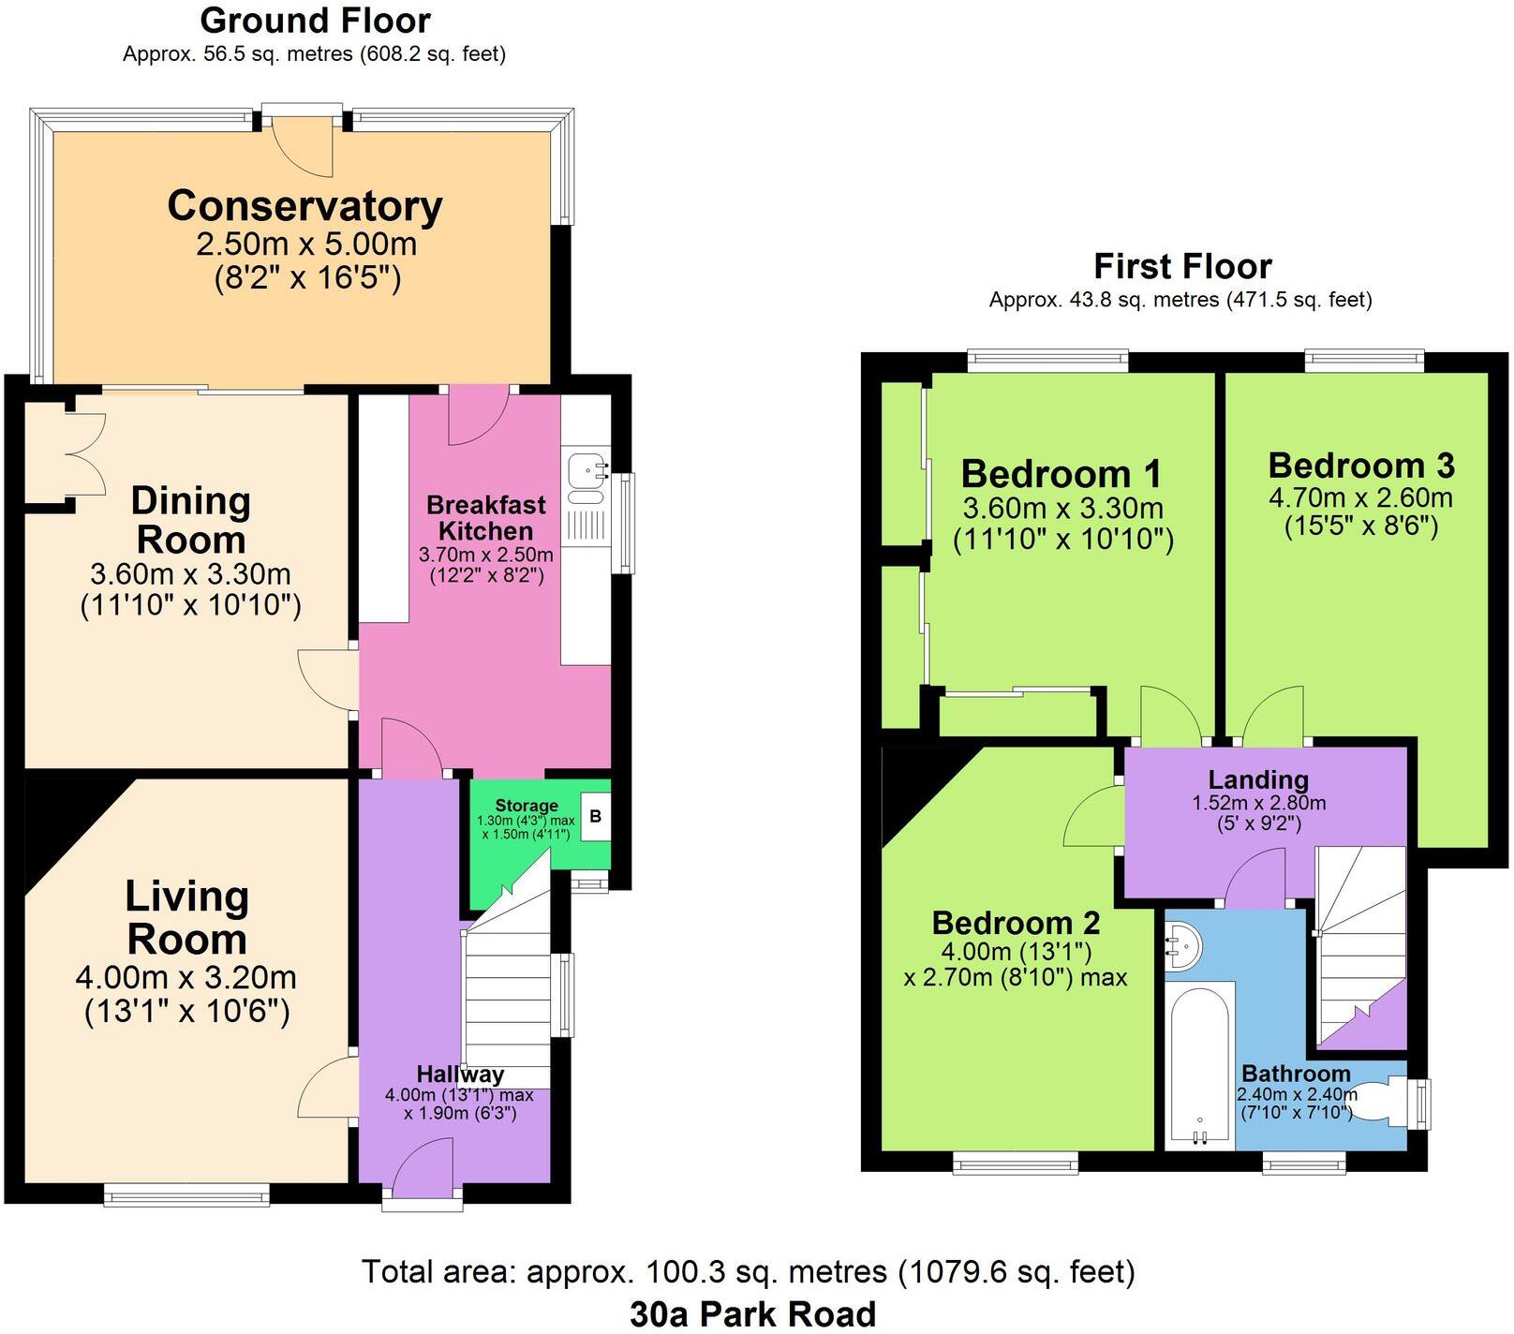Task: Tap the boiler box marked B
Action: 595,817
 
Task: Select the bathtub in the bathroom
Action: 1199,1065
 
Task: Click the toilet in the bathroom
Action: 1383,1099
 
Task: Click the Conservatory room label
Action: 304,206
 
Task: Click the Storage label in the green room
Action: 527,806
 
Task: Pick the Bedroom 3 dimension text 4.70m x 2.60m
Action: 1360,497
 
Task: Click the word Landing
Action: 1257,779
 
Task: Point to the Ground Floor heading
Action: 315,21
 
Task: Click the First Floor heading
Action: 1182,267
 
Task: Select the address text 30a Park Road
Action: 752,1313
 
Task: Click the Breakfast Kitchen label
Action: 485,518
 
